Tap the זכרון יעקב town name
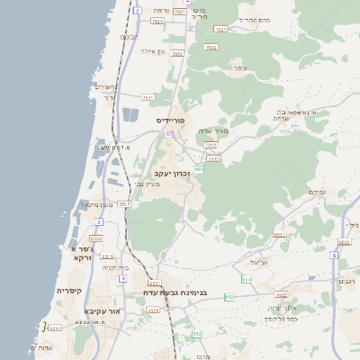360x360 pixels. point(172,172)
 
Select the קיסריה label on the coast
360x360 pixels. point(69,291)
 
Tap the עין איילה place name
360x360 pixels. point(150,51)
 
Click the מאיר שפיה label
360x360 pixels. point(212,130)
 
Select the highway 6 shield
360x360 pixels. point(333,256)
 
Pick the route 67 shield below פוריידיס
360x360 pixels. point(168,133)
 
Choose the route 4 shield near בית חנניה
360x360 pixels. point(121,278)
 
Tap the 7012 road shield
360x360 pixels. point(211,144)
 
